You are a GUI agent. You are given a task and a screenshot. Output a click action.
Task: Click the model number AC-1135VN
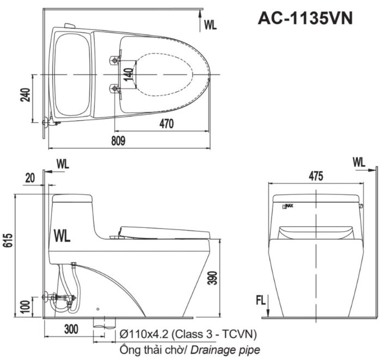pos(305,18)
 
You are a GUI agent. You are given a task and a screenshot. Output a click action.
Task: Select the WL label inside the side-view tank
pos(63,235)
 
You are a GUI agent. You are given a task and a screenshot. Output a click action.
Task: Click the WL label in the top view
pos(211,24)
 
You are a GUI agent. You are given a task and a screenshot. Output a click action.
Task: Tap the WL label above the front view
pos(359,162)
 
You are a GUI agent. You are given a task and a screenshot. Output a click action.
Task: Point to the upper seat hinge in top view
pos(115,59)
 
